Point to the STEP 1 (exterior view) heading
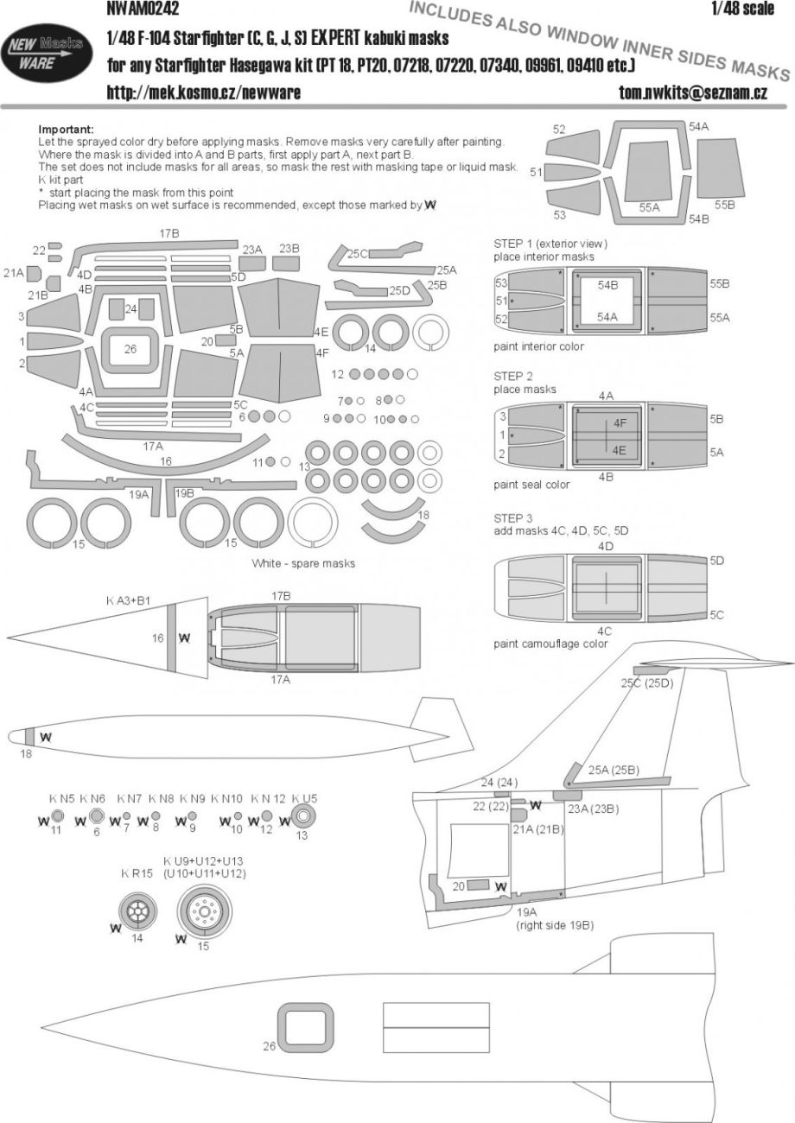click(550, 244)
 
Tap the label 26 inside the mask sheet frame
click(130, 350)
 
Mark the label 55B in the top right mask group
click(724, 205)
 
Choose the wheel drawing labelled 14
click(137, 909)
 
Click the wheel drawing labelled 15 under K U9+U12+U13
click(203, 910)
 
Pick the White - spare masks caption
click(304, 562)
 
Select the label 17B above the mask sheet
click(169, 234)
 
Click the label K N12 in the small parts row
click(267, 797)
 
